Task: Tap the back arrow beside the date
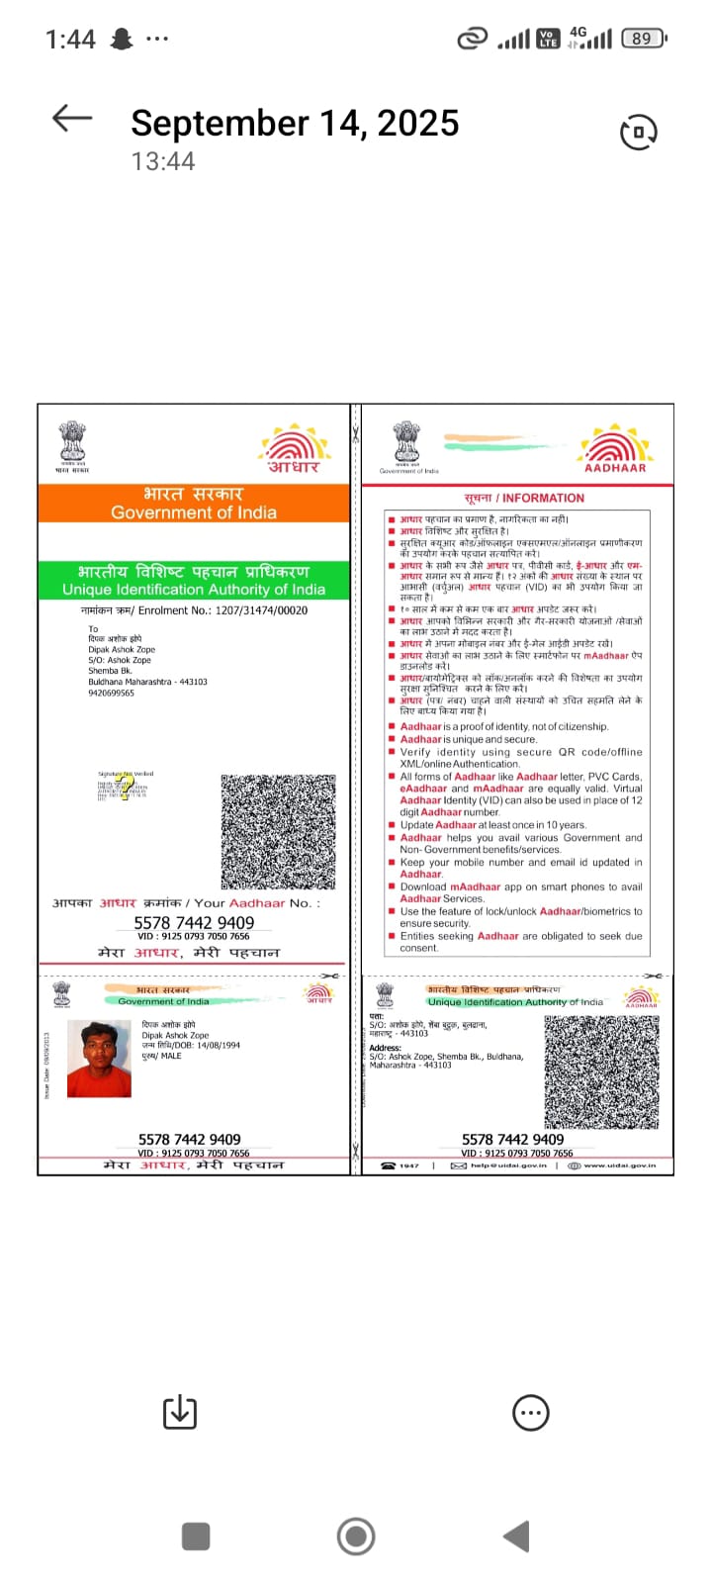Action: [x=71, y=120]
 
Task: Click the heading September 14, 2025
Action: [x=295, y=123]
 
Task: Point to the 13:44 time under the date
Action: [x=163, y=161]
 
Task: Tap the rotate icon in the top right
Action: [x=638, y=132]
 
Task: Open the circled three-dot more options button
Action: [x=531, y=1413]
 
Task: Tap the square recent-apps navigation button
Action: [x=196, y=1536]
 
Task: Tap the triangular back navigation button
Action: [x=517, y=1536]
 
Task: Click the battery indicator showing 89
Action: [x=643, y=39]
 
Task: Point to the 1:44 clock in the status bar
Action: [x=70, y=40]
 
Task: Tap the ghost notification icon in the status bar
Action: [x=122, y=40]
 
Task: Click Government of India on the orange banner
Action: [x=194, y=512]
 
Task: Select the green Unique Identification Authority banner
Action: [x=194, y=581]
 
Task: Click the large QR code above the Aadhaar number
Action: [x=279, y=831]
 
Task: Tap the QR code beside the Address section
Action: [x=601, y=1071]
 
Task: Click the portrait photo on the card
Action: [x=99, y=1059]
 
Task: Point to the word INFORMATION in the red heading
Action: [x=543, y=498]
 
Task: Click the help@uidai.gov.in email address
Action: [x=508, y=1165]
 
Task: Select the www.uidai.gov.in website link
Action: [x=619, y=1165]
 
